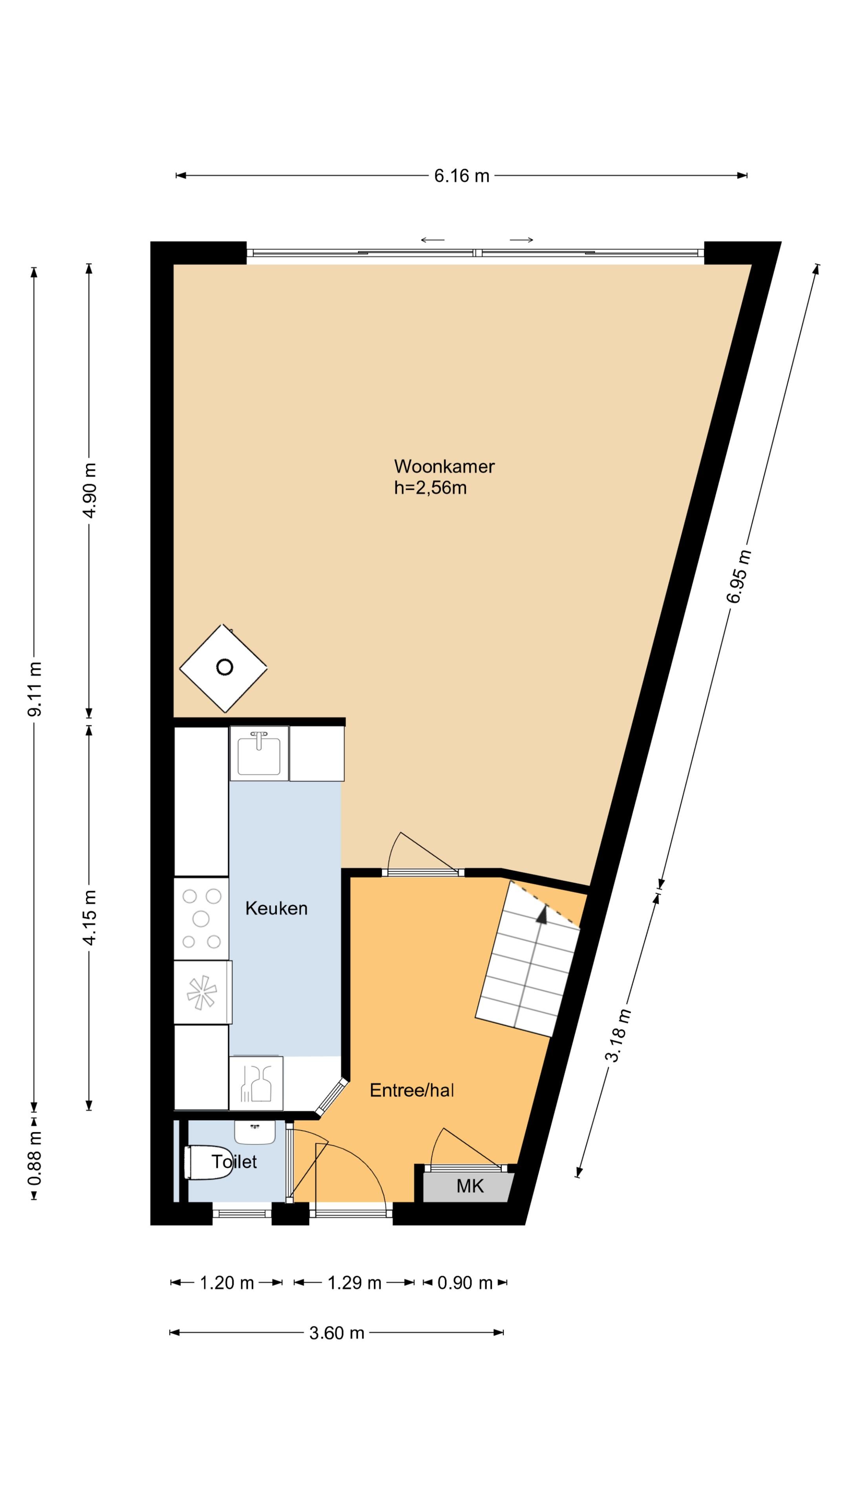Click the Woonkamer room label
444,467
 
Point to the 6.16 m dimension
461,176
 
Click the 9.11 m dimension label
35,688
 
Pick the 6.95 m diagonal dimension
738,577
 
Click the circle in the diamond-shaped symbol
225,667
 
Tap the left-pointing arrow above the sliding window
433,240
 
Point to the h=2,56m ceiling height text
430,488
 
